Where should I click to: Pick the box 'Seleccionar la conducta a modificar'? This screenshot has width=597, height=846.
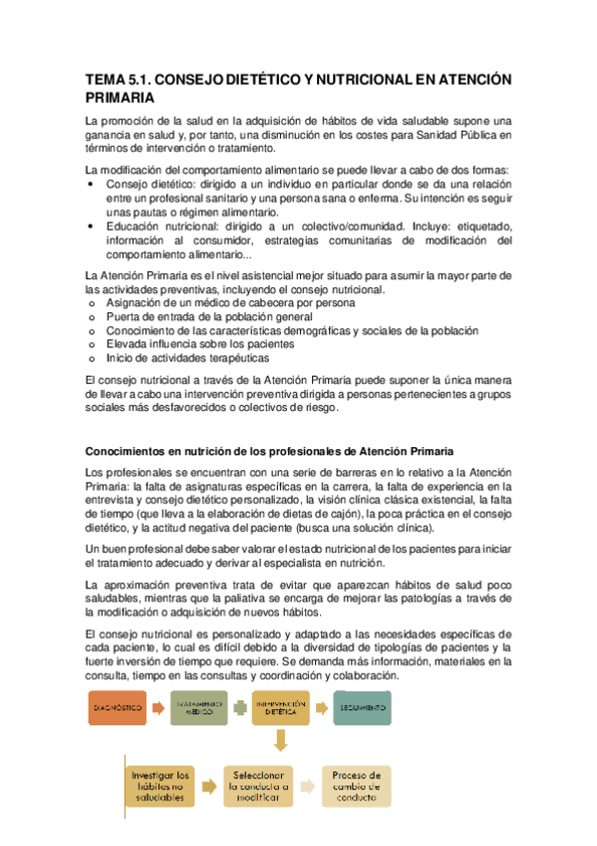[x=258, y=785]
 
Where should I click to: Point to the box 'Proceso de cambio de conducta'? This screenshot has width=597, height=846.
[x=356, y=785]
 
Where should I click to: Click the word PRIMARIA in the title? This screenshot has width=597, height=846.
[x=120, y=98]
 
